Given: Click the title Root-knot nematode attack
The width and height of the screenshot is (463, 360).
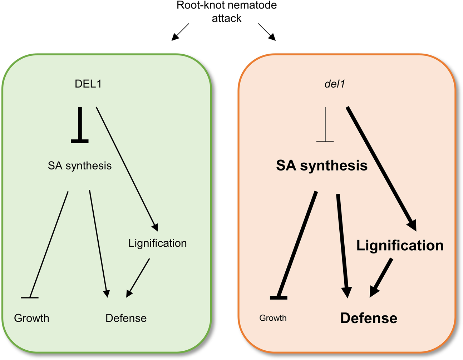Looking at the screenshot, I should [227, 12].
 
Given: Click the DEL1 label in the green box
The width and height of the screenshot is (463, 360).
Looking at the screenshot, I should [88, 84].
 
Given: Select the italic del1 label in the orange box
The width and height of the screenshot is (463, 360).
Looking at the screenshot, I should [335, 84].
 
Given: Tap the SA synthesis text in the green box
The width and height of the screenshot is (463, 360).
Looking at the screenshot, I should [80, 166].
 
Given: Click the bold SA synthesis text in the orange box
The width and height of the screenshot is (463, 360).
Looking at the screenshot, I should [322, 166].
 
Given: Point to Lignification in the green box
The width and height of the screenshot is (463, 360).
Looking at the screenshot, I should [157, 243].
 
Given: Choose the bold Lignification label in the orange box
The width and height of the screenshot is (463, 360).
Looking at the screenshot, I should [400, 246].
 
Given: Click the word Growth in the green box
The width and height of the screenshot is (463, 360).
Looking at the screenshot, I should [31, 318].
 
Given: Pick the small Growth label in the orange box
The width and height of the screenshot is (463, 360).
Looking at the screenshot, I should [273, 318].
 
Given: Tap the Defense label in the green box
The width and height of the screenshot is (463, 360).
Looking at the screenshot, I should [126, 318].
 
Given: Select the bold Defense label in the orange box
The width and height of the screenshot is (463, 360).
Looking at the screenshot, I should [369, 318].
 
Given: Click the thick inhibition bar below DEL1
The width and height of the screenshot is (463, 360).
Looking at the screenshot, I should [80, 125].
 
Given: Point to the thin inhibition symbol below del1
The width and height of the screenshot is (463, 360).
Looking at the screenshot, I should [325, 125].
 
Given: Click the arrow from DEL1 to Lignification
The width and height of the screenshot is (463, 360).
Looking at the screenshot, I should [127, 168].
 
